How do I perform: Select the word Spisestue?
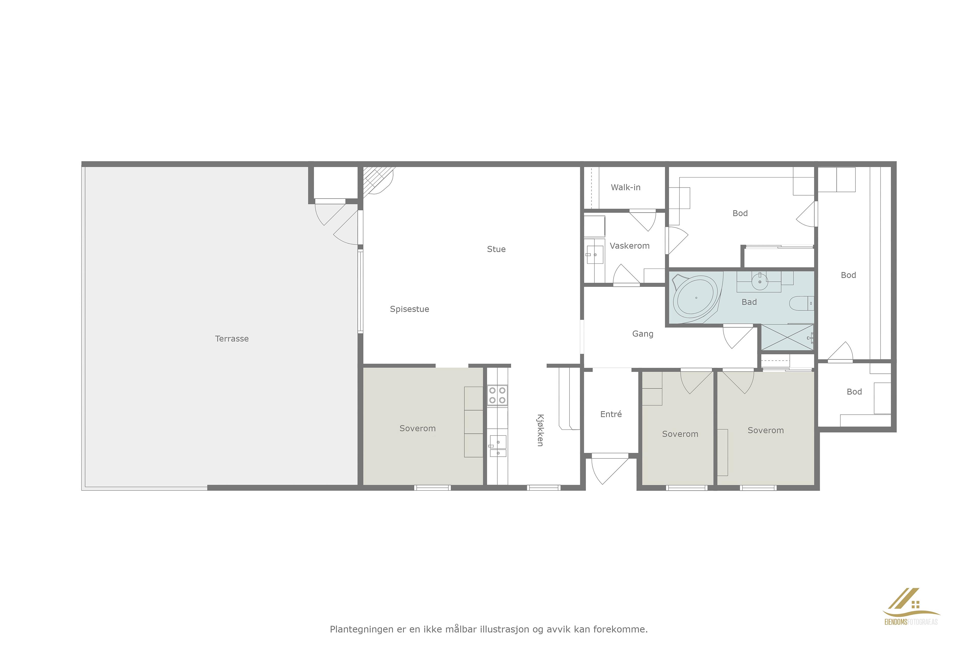(x=409, y=309)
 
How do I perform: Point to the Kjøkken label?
(x=540, y=430)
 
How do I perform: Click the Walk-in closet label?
(x=626, y=187)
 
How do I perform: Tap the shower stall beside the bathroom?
(x=787, y=337)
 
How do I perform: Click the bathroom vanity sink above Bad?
(x=759, y=282)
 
